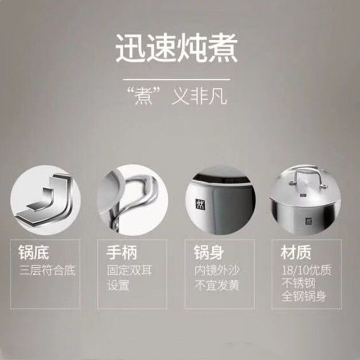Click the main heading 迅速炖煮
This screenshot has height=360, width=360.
(x=176, y=48)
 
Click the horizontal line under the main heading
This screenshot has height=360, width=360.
(x=176, y=80)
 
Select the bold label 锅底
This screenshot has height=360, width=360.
(x=34, y=252)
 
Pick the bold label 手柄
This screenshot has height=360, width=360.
(x=122, y=252)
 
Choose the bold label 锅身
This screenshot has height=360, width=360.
(x=209, y=252)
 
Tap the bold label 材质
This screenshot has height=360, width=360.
(x=296, y=252)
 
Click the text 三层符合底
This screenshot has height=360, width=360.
(x=47, y=270)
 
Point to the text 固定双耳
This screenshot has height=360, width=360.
(x=130, y=270)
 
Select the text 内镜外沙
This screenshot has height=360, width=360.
(x=217, y=270)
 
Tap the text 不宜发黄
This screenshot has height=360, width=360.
(x=217, y=285)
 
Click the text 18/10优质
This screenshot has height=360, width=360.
(x=306, y=270)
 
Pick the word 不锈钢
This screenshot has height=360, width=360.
(x=298, y=283)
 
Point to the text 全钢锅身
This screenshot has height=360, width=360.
(x=304, y=297)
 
